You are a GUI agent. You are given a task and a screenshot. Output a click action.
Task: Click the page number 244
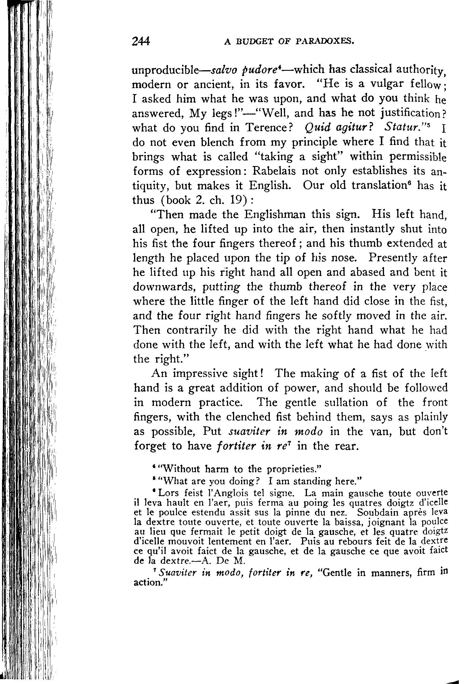141,41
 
